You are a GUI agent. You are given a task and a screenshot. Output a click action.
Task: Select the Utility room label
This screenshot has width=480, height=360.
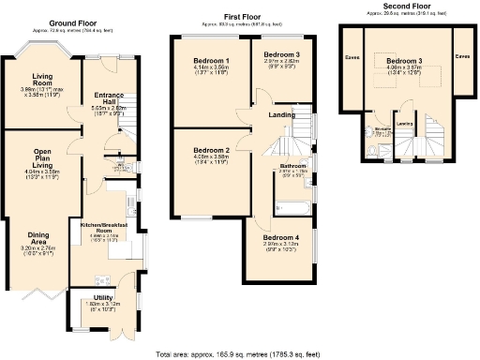pyautogui.click(x=97, y=296)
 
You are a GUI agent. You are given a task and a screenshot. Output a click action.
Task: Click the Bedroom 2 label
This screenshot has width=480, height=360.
pyautogui.click(x=212, y=150)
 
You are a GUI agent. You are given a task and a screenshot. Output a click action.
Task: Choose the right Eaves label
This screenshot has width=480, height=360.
pyautogui.click(x=462, y=56)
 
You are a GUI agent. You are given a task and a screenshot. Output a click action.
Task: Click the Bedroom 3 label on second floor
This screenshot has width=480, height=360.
pyautogui.click(x=408, y=62)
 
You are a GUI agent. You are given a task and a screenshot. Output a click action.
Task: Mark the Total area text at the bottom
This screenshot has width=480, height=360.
pyautogui.click(x=240, y=352)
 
